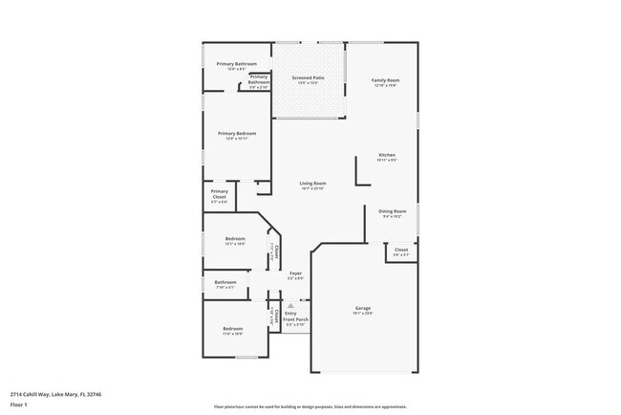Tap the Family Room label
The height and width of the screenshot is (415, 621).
coord(385,80)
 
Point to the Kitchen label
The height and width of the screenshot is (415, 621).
coord(387,155)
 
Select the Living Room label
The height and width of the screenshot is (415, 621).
coord(312,183)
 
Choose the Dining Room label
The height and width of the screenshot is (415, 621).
coord(393,210)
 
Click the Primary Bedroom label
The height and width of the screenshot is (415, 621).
coord(237,133)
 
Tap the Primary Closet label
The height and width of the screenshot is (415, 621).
coord(219,195)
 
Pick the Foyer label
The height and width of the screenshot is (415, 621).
coord(296,273)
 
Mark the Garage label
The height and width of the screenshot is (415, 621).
coord(362,307)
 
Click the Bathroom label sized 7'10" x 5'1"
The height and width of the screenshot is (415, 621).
coord(225,282)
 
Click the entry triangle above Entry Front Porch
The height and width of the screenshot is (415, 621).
coord(290,305)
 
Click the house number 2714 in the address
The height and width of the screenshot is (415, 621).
coord(18,393)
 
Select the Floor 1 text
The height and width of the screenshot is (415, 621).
coord(19,404)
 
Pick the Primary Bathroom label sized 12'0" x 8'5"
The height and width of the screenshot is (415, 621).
coord(236,64)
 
